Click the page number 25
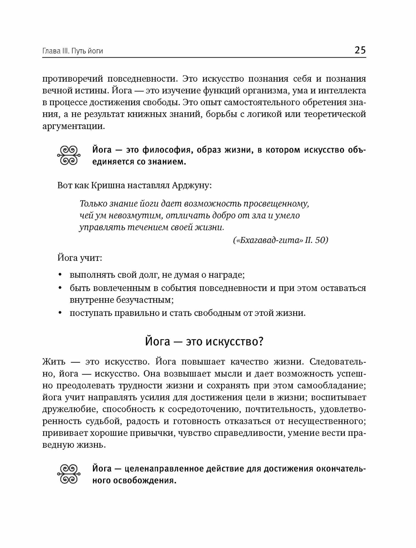(360, 50)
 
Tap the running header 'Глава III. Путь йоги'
(73, 51)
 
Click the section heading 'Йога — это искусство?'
(204, 342)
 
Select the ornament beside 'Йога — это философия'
(69, 156)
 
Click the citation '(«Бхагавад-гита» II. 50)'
(281, 240)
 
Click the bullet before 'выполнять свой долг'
(60, 275)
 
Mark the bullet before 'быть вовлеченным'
(60, 288)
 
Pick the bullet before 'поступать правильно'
(60, 313)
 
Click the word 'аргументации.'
(74, 126)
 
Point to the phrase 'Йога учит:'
(80, 258)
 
